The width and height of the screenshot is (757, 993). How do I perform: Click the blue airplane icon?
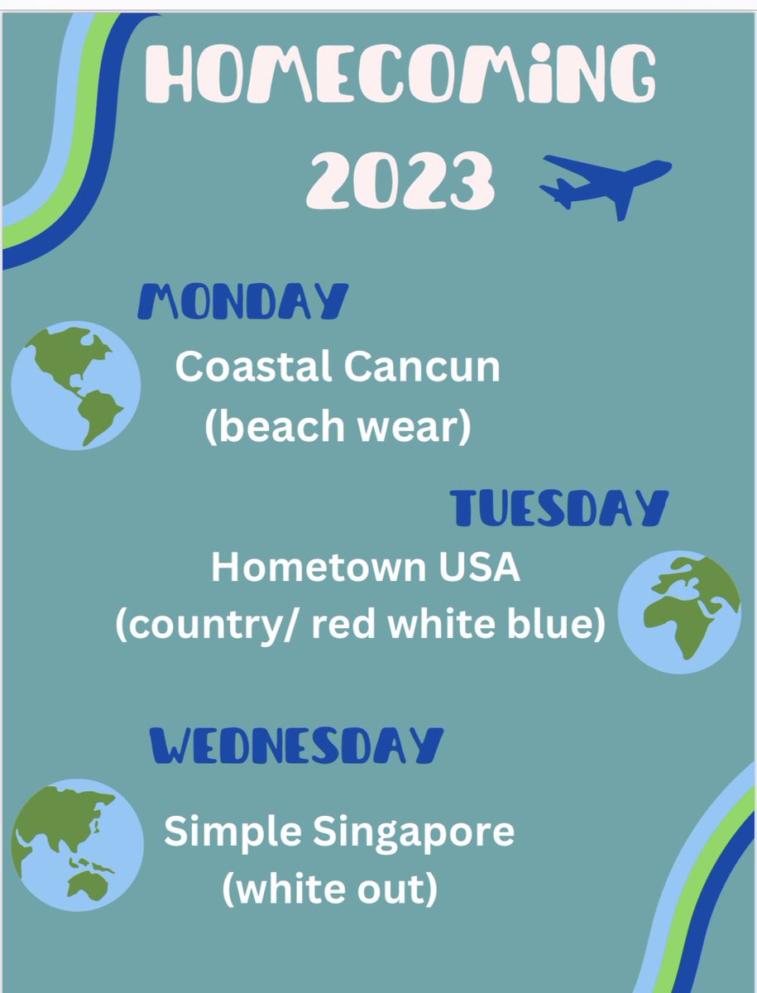(x=605, y=184)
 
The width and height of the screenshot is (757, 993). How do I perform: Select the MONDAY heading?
(x=242, y=302)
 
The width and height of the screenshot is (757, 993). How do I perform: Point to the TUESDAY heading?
(x=559, y=507)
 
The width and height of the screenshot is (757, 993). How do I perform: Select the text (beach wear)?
(x=338, y=425)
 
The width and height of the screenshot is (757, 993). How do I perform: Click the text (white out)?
(x=329, y=890)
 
